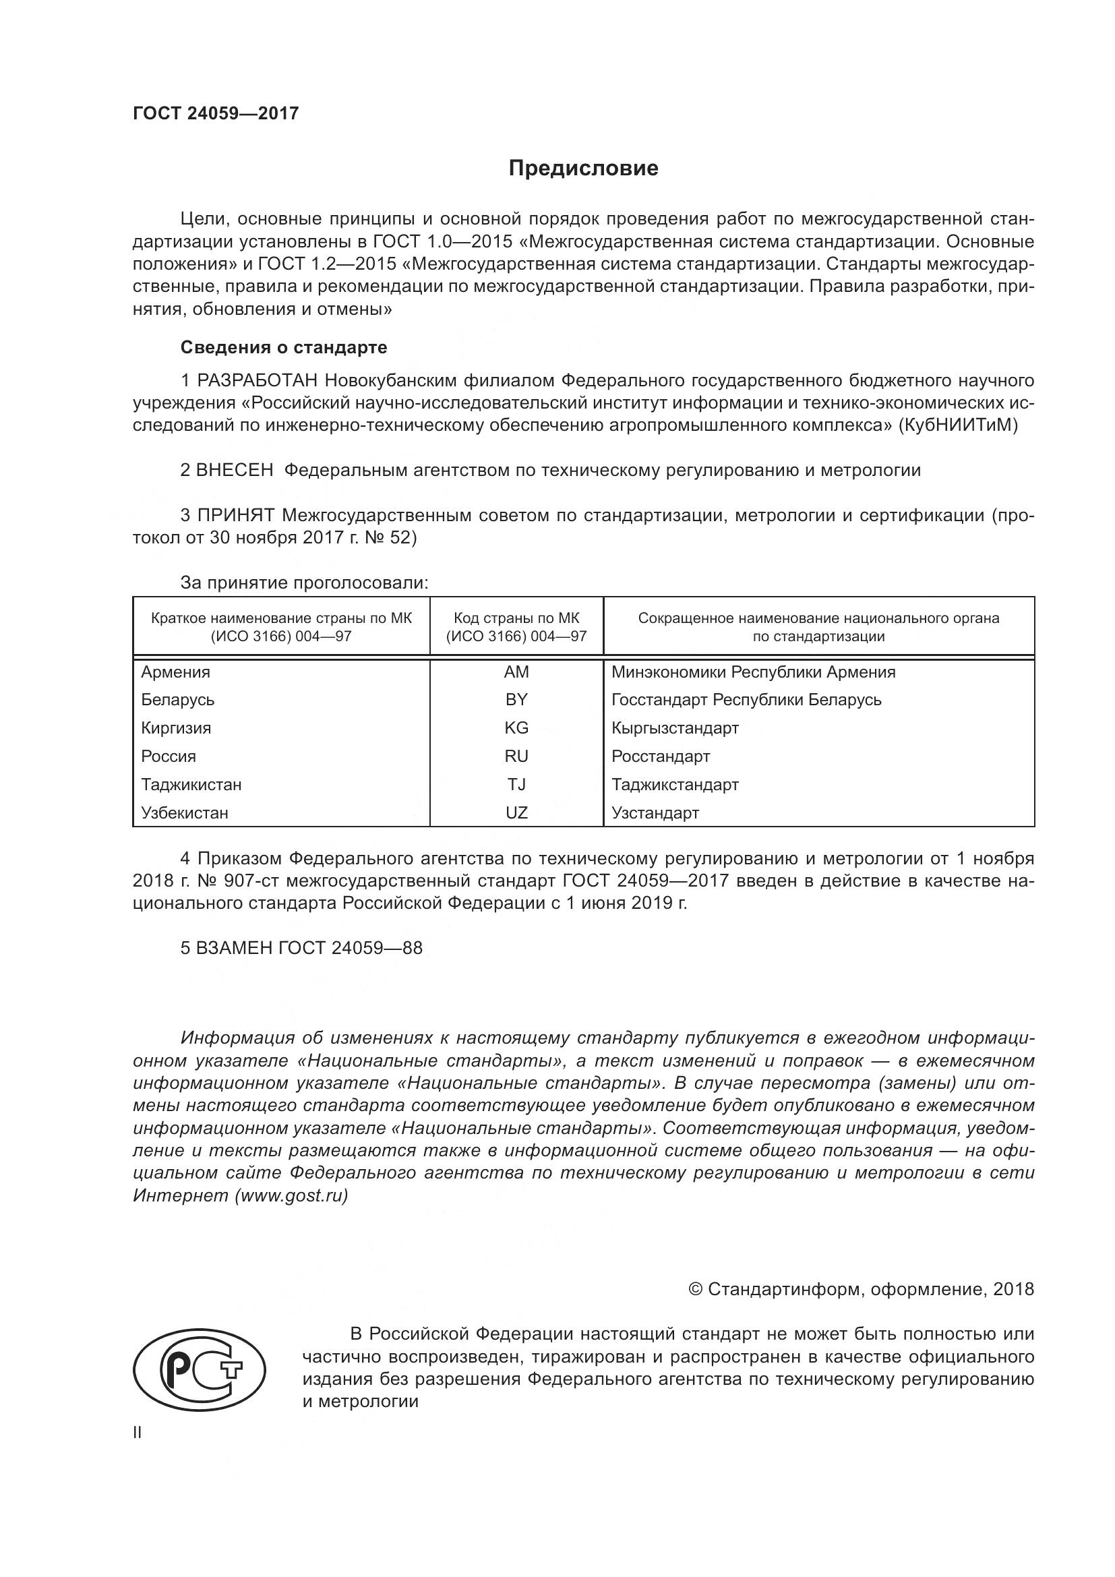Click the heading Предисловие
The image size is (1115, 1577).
[x=583, y=169]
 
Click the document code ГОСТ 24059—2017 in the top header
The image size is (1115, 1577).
[x=216, y=113]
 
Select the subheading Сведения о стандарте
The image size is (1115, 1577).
[x=284, y=347]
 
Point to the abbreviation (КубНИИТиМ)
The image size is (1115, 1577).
[x=958, y=425]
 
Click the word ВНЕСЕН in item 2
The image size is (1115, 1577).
[x=235, y=471]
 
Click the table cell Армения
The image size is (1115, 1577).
[x=176, y=672]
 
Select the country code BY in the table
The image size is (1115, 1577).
[x=516, y=700]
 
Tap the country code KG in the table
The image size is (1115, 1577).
[x=516, y=728]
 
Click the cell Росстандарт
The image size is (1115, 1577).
[x=661, y=756]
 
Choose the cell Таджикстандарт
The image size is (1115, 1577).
[x=675, y=784]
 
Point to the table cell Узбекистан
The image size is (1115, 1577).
[x=184, y=813]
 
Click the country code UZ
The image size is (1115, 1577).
[x=516, y=813]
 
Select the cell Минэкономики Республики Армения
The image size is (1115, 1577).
[x=753, y=672]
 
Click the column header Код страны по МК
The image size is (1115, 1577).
[x=516, y=618]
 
